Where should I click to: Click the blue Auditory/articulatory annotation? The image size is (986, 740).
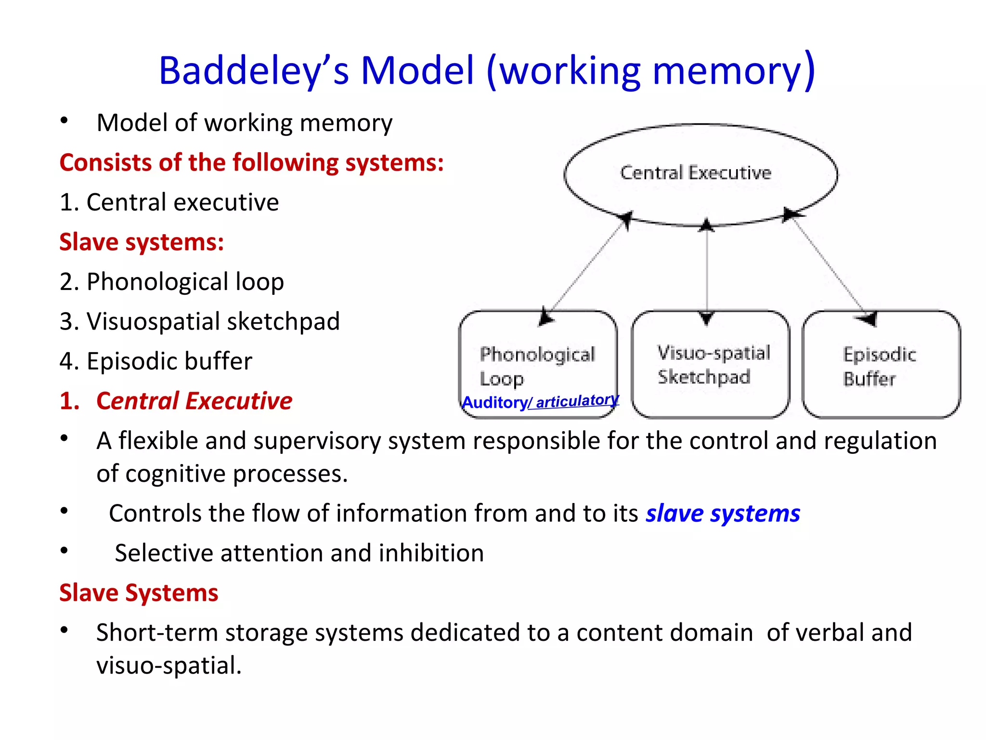tap(540, 401)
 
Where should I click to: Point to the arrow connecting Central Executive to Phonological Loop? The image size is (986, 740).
tap(587, 267)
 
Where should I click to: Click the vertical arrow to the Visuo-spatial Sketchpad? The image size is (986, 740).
tap(706, 270)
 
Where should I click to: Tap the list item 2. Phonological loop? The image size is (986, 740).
tap(171, 281)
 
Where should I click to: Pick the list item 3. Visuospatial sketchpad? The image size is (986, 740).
tap(199, 321)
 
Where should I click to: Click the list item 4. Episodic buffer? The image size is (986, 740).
tap(156, 361)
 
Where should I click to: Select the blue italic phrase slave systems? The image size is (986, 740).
tap(722, 514)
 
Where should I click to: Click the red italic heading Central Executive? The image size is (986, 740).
tap(194, 401)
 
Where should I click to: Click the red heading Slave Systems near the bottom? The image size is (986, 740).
tap(139, 593)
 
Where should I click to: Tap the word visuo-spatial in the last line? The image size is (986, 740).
tap(169, 666)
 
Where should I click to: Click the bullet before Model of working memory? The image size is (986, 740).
tap(64, 121)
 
